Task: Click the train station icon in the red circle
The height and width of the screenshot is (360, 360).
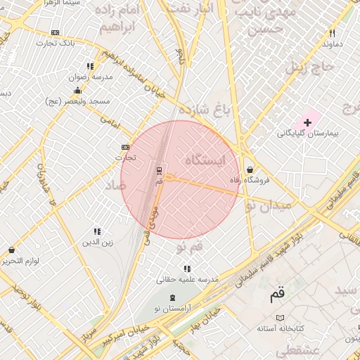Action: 159,169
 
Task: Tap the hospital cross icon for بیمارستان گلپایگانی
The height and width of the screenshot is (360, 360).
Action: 307,122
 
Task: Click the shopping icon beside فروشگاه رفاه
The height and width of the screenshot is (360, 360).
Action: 250,169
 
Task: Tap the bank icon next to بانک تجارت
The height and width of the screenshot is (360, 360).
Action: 56,32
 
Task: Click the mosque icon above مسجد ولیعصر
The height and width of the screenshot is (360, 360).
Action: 77,91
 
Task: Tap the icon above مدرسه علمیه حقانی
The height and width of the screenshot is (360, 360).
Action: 187,269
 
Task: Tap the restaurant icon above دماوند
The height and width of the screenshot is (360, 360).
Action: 332,33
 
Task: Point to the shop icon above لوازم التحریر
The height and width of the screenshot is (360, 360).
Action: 11,250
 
